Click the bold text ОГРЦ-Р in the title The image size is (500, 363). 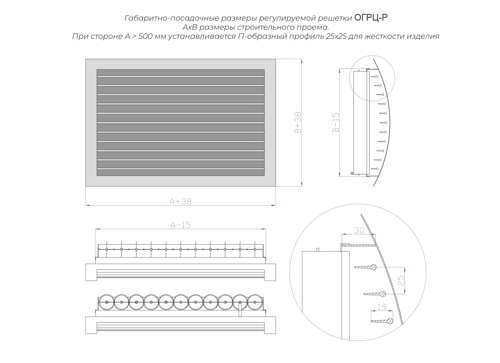coord(371,18)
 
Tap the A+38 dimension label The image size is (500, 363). coord(180,202)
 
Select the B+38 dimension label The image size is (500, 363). coord(298,123)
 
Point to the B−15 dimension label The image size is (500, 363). coord(336,123)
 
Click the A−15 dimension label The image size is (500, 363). coord(180,225)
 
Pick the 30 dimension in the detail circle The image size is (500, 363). coord(359,230)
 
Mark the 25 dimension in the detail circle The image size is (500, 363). coord(401,281)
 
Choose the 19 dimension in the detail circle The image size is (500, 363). coord(382,307)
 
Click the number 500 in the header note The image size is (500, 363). coord(145,36)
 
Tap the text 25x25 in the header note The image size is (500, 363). coord(336,36)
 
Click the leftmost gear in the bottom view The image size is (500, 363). coord(107,302)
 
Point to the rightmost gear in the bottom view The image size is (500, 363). coord(255,302)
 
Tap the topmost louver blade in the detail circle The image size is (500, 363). coord(365,267)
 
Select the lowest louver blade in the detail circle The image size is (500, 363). coord(382,321)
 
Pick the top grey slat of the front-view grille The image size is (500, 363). coord(180,72)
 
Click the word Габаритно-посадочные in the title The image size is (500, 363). coord(172,18)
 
